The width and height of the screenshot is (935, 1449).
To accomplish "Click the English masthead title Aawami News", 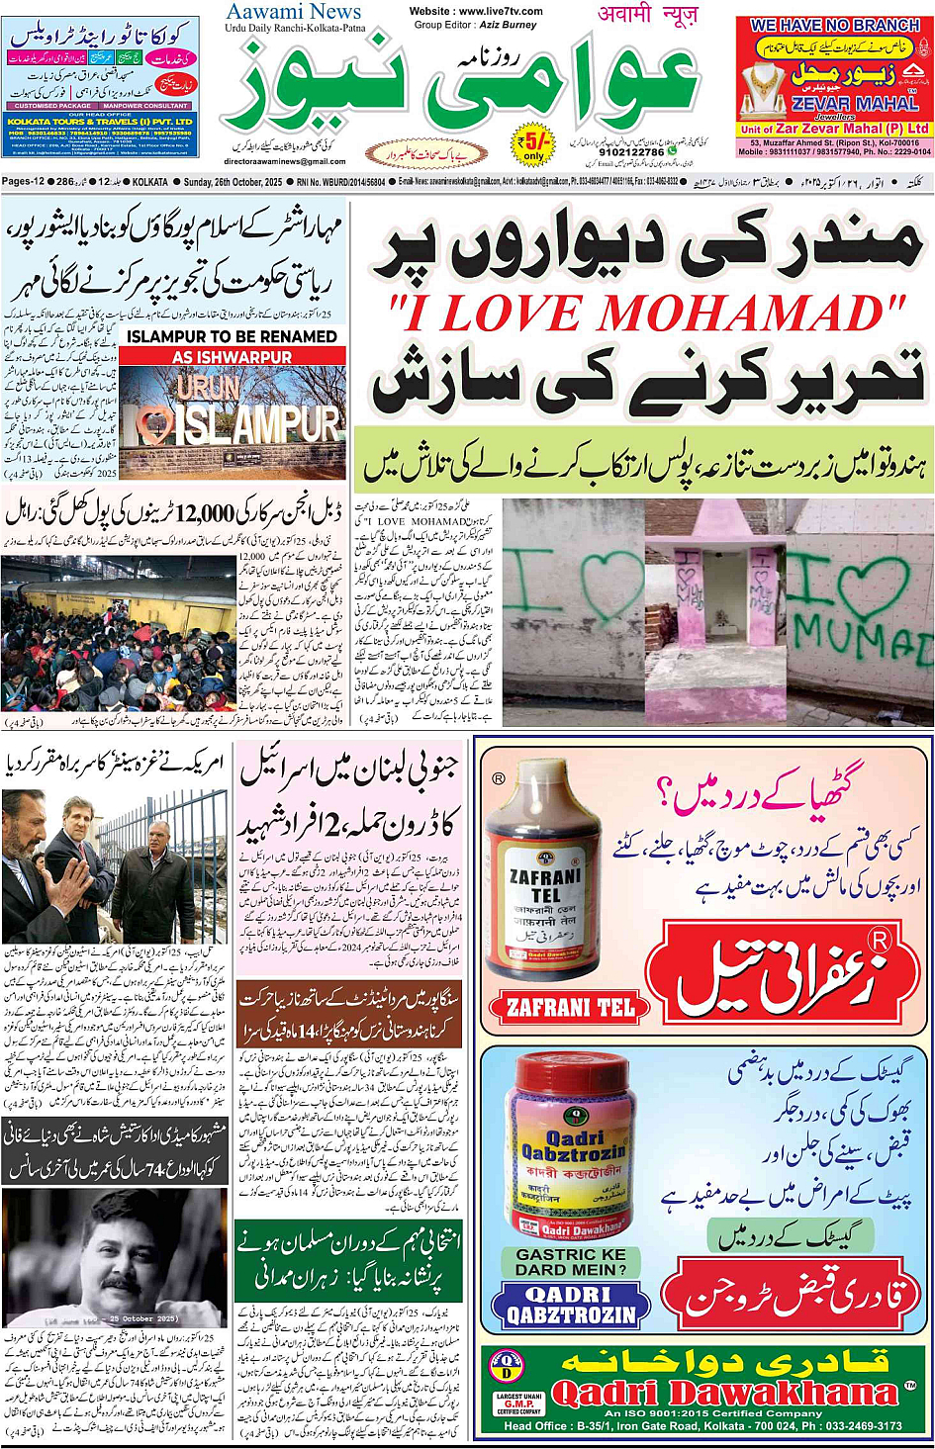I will click(294, 12).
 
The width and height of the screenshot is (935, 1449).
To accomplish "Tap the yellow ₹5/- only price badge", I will click(534, 144).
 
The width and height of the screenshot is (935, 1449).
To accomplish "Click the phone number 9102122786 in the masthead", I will click(632, 152).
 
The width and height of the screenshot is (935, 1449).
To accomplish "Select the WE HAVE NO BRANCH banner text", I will click(834, 25).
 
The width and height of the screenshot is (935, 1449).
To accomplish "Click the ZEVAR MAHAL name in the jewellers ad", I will click(855, 103).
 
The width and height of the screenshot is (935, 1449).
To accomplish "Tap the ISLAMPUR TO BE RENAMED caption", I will click(232, 336).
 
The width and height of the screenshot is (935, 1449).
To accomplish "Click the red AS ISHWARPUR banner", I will click(232, 356).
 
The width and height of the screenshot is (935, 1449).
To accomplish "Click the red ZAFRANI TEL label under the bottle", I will click(570, 1008).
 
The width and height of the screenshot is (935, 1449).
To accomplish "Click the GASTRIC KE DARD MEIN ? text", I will click(571, 1261).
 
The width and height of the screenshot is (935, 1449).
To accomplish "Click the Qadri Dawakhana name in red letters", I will click(725, 1395).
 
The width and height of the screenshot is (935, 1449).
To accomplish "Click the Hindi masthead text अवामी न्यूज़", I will click(648, 14).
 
